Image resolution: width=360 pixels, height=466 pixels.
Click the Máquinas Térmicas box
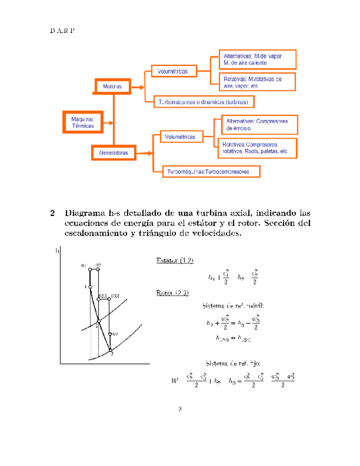[79, 122]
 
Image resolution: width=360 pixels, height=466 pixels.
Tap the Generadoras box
[114, 153]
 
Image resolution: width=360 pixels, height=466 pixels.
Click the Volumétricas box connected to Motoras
[173, 71]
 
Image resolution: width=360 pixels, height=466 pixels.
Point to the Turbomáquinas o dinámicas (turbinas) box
[203, 102]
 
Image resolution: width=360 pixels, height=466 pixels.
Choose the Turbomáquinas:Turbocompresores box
[208, 171]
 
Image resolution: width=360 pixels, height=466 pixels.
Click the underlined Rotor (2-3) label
[173, 292]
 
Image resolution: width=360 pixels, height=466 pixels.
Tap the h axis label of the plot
[57, 253]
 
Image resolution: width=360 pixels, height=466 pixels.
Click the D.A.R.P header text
[62, 29]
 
